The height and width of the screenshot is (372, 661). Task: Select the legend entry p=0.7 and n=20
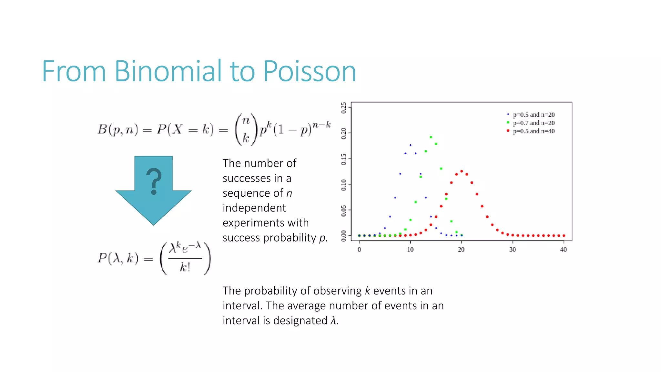tap(534, 123)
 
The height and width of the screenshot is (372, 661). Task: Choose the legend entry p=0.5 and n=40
tap(534, 131)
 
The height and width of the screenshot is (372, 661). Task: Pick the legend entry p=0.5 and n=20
tap(534, 115)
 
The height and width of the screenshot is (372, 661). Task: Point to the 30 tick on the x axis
tap(513, 249)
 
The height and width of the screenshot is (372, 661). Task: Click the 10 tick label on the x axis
tap(410, 249)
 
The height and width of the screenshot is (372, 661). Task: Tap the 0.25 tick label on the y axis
tap(344, 108)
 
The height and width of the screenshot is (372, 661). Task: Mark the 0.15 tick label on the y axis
tap(344, 159)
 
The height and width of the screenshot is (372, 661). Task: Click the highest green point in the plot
tap(431, 137)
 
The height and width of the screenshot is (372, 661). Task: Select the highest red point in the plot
tap(462, 171)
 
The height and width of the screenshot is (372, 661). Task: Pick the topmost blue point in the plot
tap(411, 145)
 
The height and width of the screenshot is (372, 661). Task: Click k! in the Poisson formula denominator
tap(185, 267)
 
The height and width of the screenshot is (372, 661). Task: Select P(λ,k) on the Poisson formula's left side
tap(118, 258)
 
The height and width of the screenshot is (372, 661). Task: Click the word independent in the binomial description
tap(254, 208)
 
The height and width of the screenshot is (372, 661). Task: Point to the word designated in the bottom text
tap(300, 321)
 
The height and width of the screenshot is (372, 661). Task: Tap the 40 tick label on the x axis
tap(564, 249)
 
